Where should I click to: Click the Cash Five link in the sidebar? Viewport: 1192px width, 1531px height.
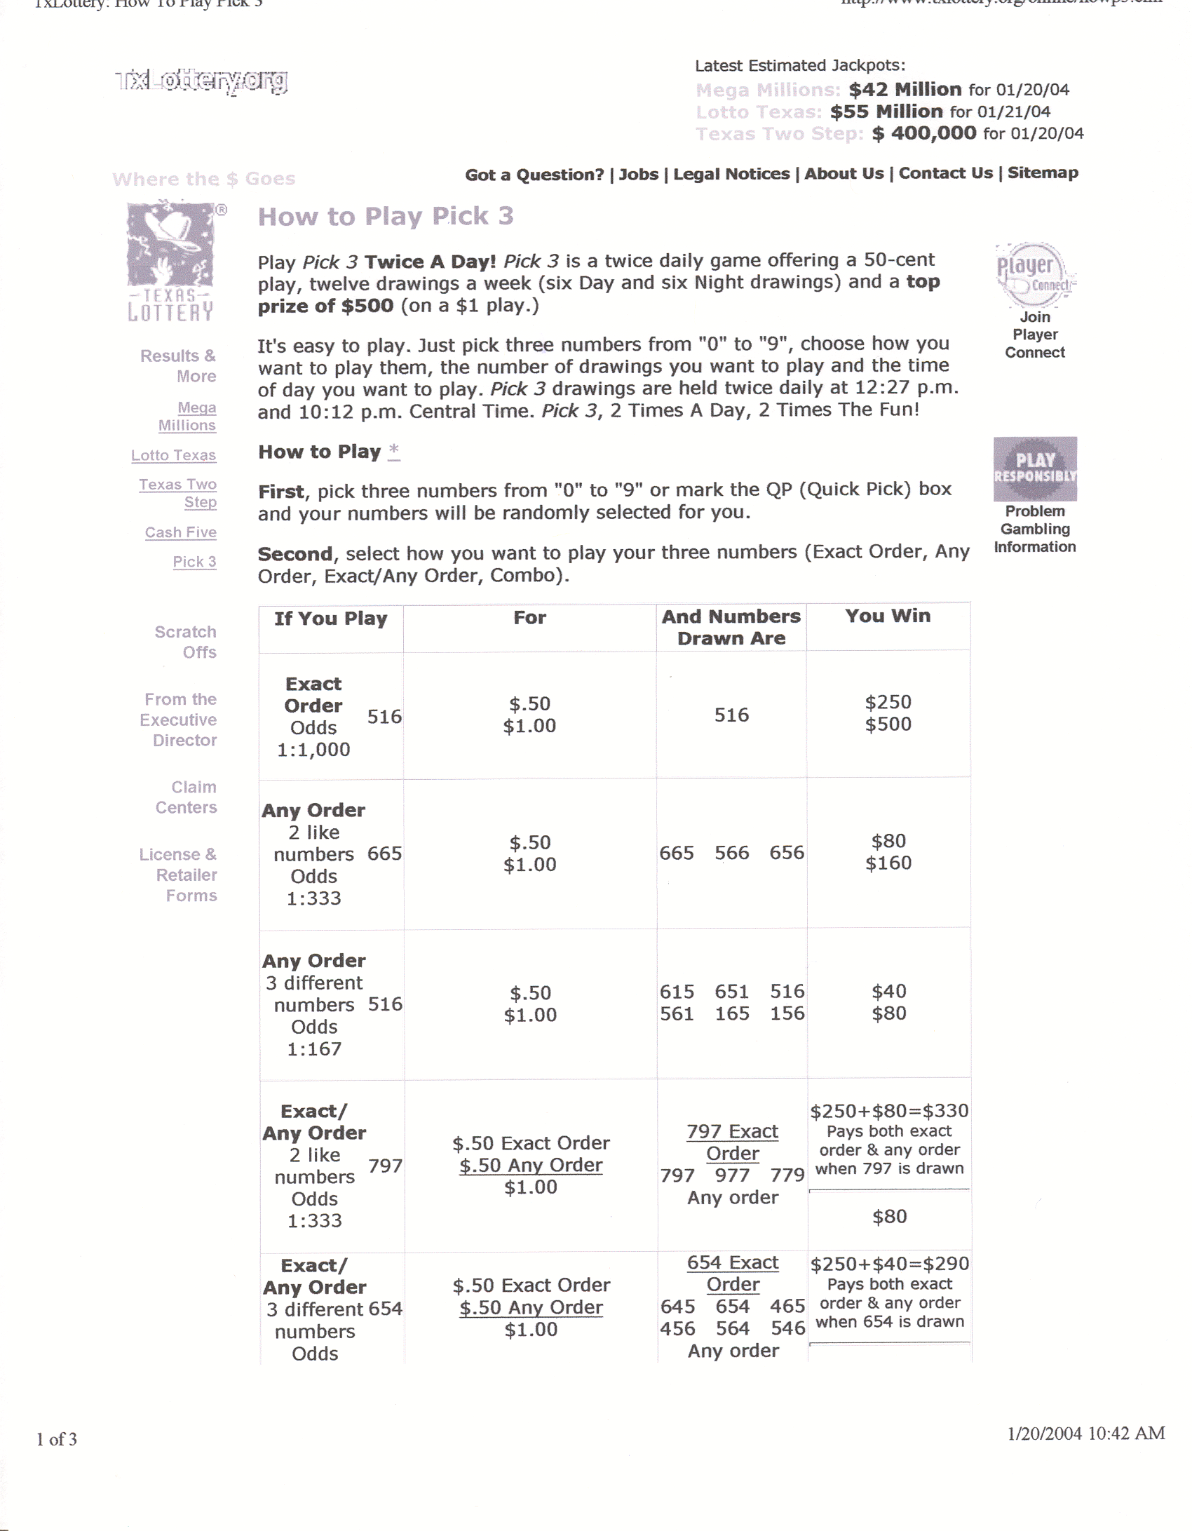click(180, 532)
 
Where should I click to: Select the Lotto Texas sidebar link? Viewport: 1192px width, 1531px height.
click(173, 455)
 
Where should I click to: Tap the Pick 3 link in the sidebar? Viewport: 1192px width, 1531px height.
click(194, 562)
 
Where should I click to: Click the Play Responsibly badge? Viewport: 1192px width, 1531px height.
click(1035, 468)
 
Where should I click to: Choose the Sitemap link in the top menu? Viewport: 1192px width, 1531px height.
click(1043, 173)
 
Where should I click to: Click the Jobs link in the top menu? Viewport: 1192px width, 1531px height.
click(638, 174)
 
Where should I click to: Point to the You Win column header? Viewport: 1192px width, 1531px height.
click(888, 616)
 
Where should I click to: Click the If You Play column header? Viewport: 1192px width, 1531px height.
click(330, 619)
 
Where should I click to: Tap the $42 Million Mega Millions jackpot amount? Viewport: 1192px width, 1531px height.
click(905, 89)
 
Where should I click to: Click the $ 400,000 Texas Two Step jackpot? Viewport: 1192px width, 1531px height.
click(923, 133)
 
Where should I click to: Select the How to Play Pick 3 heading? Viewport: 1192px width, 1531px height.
click(386, 216)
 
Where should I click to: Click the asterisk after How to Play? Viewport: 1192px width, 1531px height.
click(394, 450)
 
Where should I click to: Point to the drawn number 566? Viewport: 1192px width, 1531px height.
click(731, 853)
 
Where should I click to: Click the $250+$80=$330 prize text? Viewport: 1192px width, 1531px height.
click(889, 1111)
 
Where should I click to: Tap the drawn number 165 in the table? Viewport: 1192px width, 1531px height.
click(731, 1013)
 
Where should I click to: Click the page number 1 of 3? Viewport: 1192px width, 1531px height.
click(57, 1439)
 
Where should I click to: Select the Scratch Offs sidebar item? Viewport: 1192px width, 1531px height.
click(185, 642)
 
